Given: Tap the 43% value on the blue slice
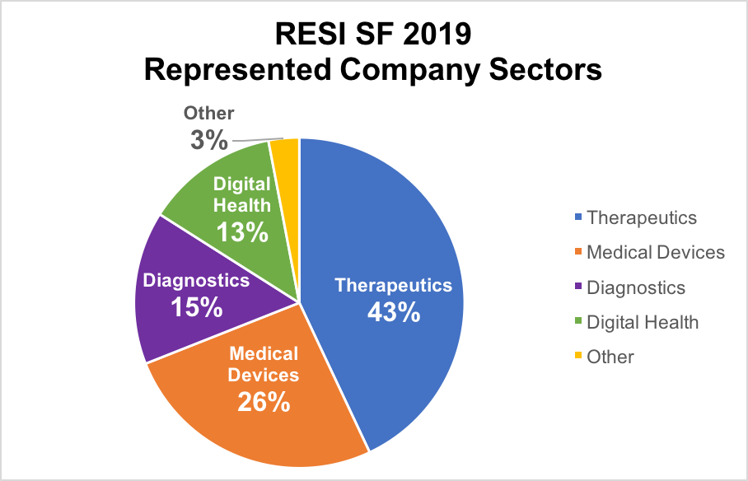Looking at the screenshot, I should click(394, 313).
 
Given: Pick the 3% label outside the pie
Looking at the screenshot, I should click(208, 140).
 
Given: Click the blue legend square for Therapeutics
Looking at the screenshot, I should click(578, 217).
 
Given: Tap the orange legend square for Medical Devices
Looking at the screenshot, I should click(578, 252).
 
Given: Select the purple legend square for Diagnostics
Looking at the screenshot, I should click(578, 287).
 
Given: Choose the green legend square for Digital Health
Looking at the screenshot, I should click(578, 322).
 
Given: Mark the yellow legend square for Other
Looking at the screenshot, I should click(578, 356).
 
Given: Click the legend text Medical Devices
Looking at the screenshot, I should click(656, 252).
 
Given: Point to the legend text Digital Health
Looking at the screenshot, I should click(643, 322).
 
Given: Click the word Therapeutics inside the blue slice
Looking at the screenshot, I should click(394, 286).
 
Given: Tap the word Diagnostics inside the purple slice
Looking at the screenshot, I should click(196, 280).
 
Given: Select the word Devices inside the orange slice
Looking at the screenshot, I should click(264, 376).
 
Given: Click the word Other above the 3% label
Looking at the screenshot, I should click(209, 114).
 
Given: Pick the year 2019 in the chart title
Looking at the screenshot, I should click(432, 36).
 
